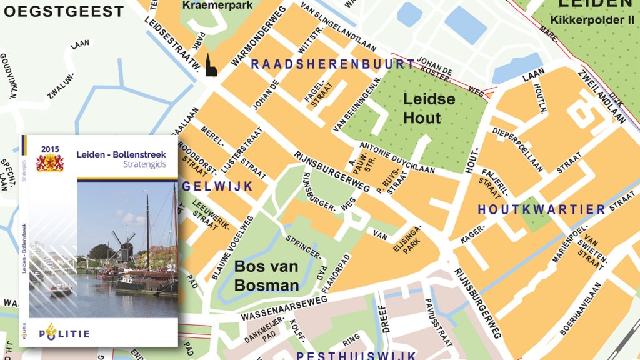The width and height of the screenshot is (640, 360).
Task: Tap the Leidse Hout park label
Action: [x=429, y=108]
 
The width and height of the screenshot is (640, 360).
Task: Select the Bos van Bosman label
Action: [x=266, y=276]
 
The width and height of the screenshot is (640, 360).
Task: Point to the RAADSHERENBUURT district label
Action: [x=332, y=64]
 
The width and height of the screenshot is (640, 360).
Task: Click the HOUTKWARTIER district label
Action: [x=541, y=210]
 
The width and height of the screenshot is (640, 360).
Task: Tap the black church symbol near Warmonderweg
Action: [x=211, y=68]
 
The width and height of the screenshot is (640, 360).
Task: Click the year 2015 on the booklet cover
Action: [x=49, y=148]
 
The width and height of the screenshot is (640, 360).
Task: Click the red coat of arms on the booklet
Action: [x=49, y=162]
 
